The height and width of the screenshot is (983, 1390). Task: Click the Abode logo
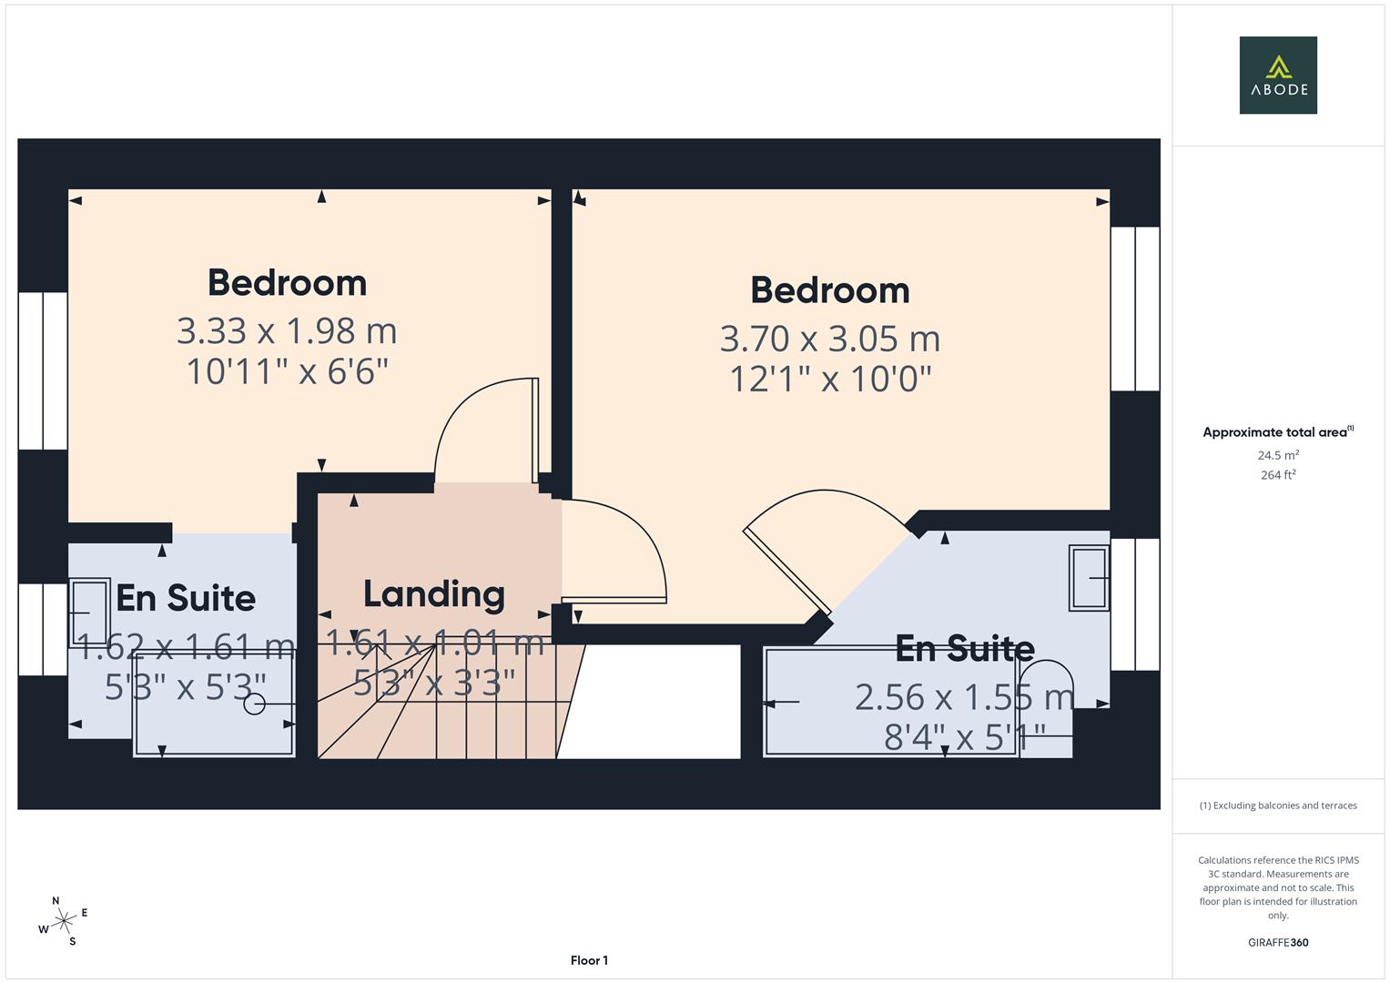tap(1277, 76)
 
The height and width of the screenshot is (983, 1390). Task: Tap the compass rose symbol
tap(63, 921)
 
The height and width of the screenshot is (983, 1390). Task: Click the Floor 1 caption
tap(589, 960)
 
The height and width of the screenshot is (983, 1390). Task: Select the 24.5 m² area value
tap(1277, 455)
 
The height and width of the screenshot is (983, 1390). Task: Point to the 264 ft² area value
tap(1277, 475)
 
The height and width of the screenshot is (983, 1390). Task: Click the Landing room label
tap(433, 594)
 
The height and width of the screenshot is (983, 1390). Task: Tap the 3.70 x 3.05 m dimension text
tap(829, 339)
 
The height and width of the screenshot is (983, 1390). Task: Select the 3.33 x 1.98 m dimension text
tap(287, 331)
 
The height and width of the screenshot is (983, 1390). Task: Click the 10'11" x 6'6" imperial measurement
tap(287, 371)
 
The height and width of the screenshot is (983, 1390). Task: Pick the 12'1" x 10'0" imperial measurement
tap(829, 379)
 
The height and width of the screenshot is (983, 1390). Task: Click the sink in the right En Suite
tap(1089, 577)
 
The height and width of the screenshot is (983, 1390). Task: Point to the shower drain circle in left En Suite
tap(254, 704)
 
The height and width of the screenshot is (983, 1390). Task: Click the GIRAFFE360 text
tap(1277, 942)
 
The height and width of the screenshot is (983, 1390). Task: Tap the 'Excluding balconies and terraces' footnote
tap(1277, 806)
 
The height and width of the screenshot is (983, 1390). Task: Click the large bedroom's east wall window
tap(1135, 309)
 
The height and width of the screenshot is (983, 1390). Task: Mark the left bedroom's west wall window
tap(43, 370)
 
